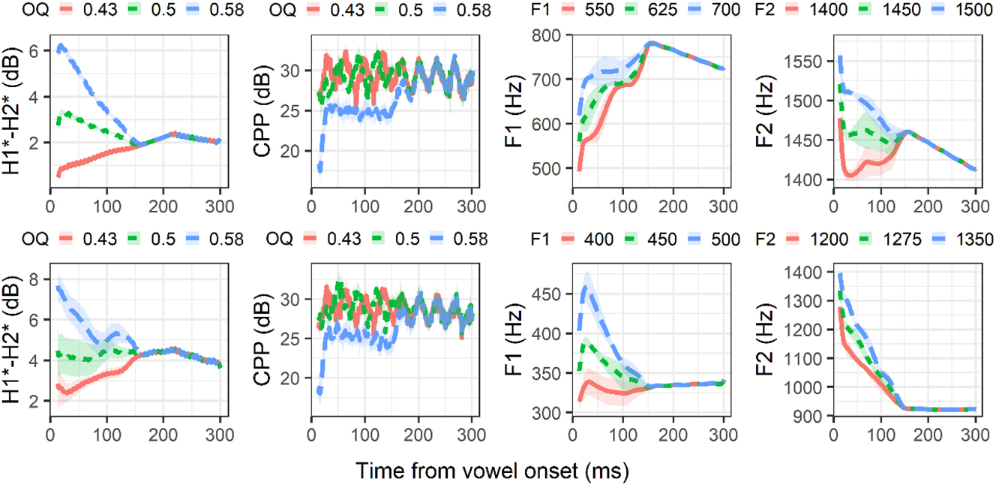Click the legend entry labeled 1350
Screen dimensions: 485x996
[x=973, y=239]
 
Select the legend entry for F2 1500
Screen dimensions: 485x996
[x=973, y=11]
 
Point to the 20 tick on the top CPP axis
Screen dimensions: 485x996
[x=295, y=151]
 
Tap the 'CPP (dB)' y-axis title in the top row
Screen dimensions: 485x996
[x=263, y=110]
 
